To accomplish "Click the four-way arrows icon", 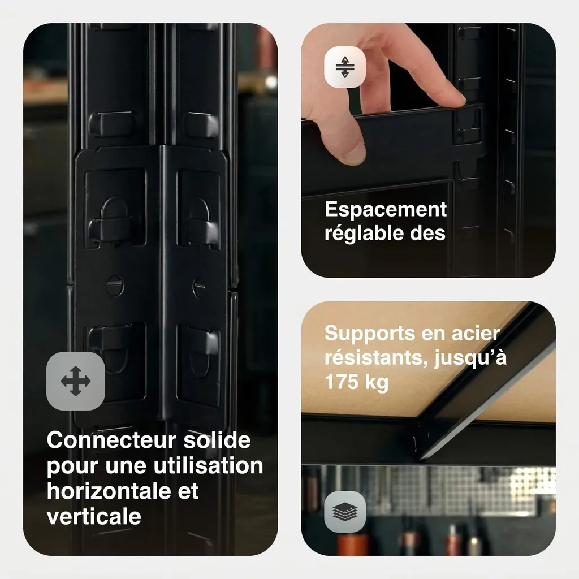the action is tap(76, 381).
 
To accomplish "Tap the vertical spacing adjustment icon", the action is tap(345, 67).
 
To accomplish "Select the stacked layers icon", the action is tap(345, 512).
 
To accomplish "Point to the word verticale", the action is tap(94, 516).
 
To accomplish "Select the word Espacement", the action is tap(386, 210).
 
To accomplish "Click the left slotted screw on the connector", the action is tap(114, 285).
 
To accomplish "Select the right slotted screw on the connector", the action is tap(199, 287).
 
